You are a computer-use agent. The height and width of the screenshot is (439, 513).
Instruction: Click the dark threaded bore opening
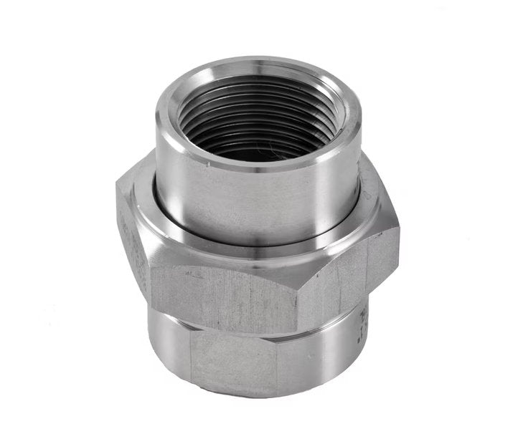[255, 122]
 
